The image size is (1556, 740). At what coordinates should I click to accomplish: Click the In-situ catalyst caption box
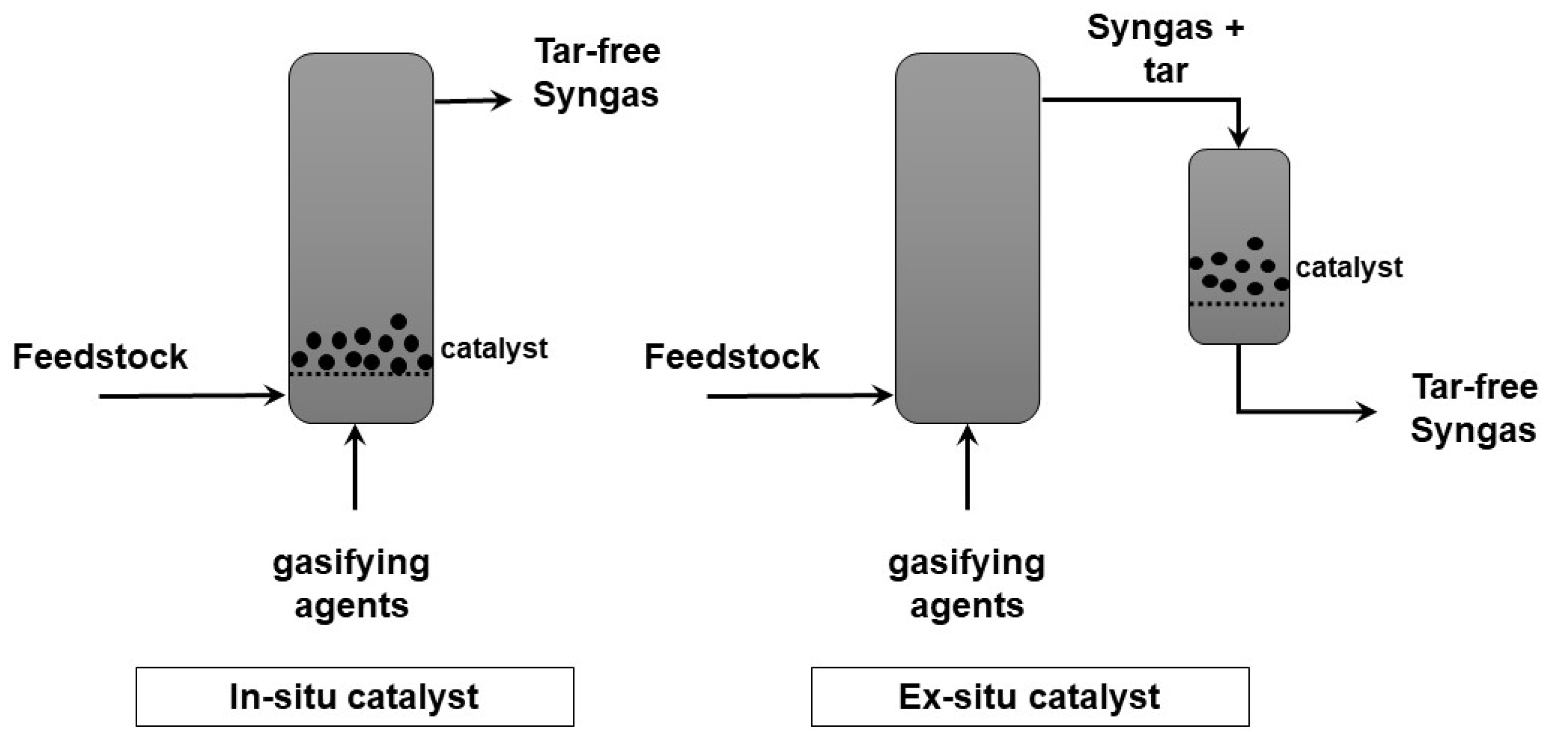point(354,697)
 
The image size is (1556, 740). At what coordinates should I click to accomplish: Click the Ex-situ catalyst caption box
point(1030,697)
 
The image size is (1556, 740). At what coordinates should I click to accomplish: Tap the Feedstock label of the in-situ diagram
point(100,356)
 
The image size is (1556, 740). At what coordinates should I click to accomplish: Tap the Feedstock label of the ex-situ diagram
point(732,356)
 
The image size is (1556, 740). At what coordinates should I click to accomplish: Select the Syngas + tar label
point(1165,49)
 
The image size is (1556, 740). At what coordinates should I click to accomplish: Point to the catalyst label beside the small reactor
point(1349,268)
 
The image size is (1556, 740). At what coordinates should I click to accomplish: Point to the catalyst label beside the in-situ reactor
point(494,348)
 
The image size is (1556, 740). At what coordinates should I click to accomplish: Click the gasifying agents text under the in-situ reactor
point(351,584)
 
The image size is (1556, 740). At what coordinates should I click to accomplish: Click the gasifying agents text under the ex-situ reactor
point(966,584)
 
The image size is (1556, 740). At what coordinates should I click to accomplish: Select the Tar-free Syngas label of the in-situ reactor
point(597,72)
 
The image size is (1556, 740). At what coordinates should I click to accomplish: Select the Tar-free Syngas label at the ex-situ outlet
point(1474,409)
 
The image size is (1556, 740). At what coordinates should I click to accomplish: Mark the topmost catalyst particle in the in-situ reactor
point(398,321)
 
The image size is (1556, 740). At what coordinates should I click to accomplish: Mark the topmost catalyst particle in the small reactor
point(1255,244)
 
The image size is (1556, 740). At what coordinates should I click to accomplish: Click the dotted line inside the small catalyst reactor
point(1238,304)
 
